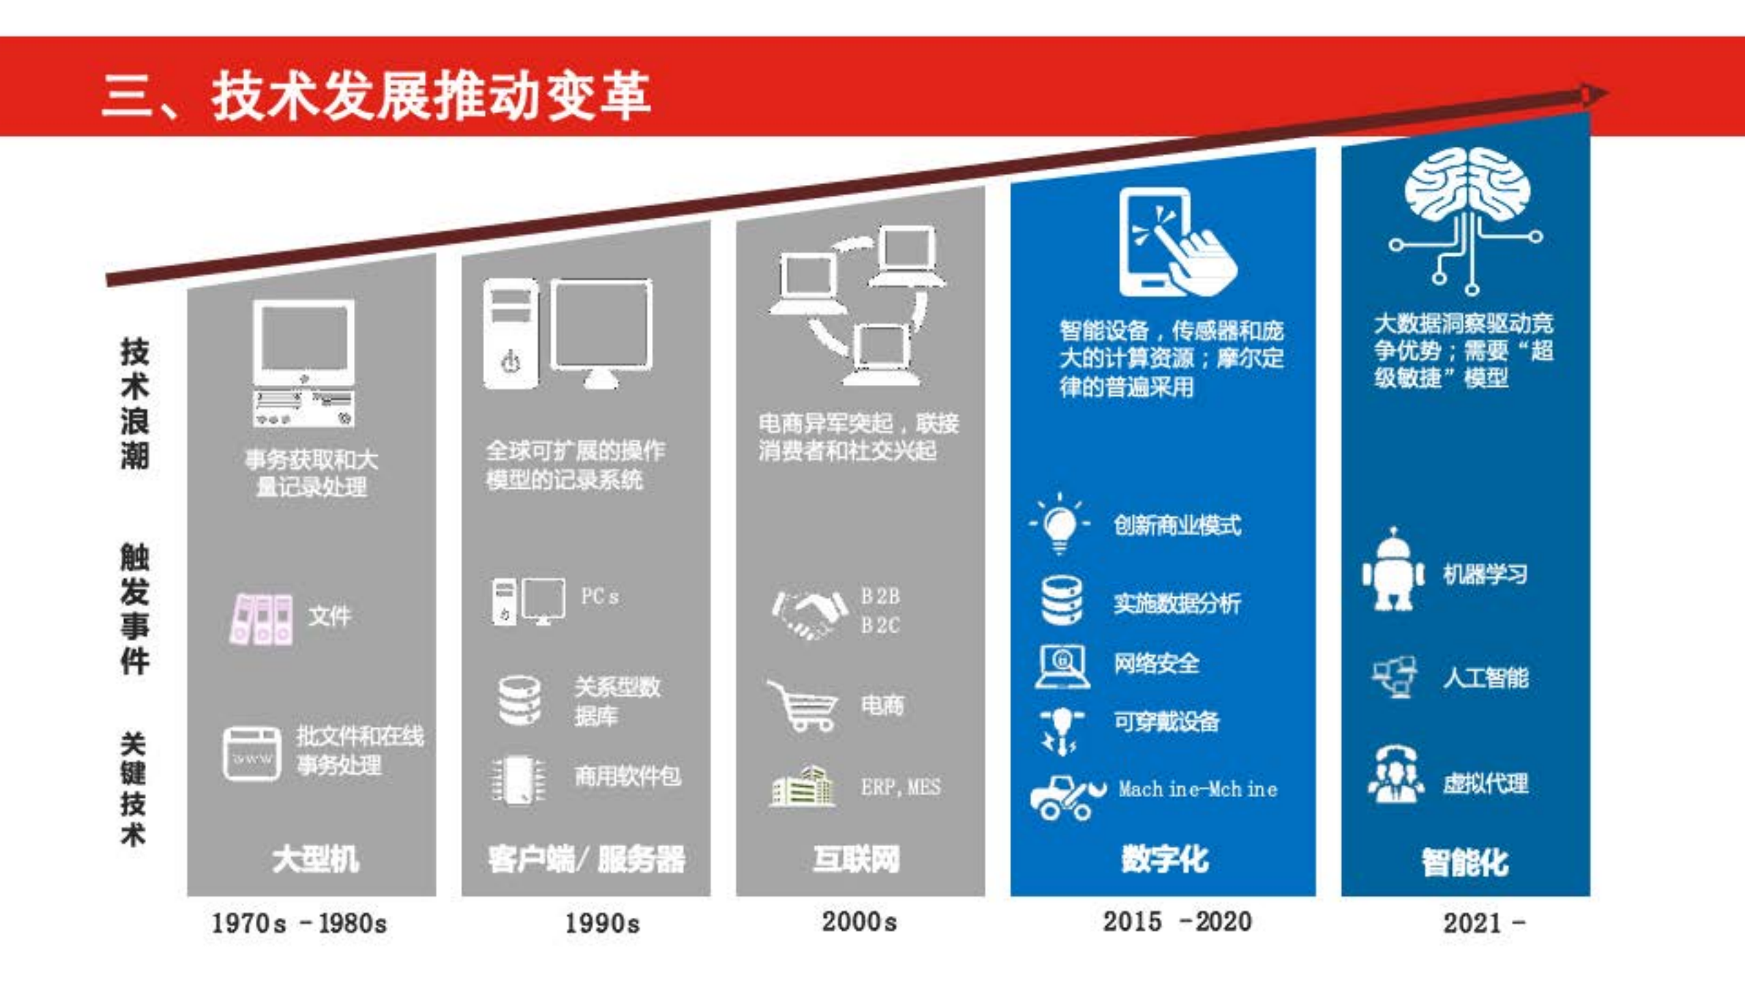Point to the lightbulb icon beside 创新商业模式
pyautogui.click(x=1059, y=524)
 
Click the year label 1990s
pyautogui.click(x=602, y=923)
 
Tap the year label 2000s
pyautogui.click(x=859, y=921)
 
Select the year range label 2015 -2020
pyautogui.click(x=1177, y=921)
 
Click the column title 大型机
pyautogui.click(x=315, y=858)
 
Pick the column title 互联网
pyautogui.click(x=856, y=858)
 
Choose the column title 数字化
pyautogui.click(x=1165, y=858)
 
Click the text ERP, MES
pyautogui.click(x=900, y=788)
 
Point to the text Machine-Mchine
pyautogui.click(x=1197, y=790)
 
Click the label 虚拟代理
pyautogui.click(x=1485, y=783)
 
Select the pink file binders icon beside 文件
pyautogui.click(x=262, y=618)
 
